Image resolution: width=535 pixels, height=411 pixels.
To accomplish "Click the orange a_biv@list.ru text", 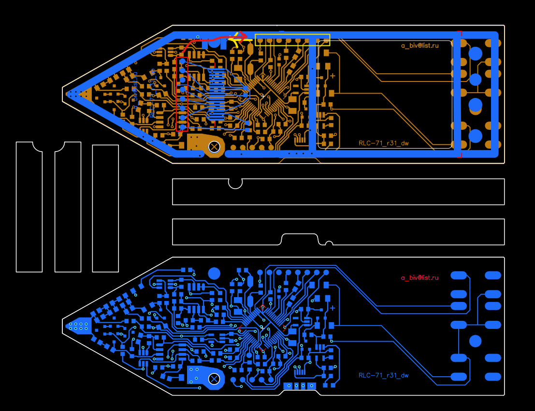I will tap(419, 46).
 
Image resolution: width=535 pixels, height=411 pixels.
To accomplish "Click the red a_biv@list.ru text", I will tap(419, 277).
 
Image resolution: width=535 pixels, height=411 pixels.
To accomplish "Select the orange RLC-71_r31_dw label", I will tap(384, 143).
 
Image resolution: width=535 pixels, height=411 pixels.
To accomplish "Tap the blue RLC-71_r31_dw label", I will tap(384, 375).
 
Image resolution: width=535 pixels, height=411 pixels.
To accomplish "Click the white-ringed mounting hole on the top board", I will tap(214, 146).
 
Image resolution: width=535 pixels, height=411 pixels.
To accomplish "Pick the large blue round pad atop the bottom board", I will tap(214, 274).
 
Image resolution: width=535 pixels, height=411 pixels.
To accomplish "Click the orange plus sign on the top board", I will tap(333, 76).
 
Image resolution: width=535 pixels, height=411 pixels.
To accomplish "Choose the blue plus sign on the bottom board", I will tap(333, 308).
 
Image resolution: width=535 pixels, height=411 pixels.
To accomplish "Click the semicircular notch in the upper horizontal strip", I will tap(235, 183).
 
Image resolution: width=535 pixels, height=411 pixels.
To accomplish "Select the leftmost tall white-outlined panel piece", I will tap(29, 207).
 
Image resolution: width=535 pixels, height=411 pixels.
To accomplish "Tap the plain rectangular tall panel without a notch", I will tap(105, 208).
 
